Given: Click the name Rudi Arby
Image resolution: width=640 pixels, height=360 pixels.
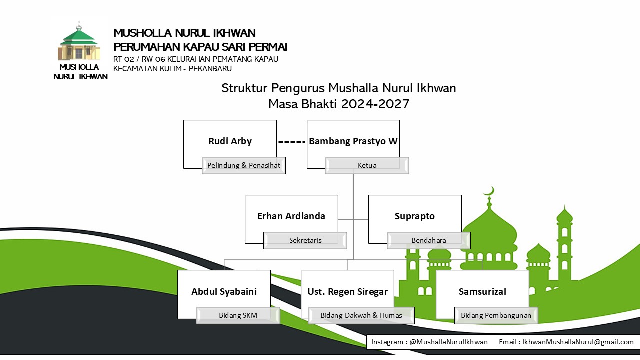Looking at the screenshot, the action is coord(230,141).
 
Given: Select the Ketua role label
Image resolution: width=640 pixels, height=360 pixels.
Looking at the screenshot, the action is coord(367,165).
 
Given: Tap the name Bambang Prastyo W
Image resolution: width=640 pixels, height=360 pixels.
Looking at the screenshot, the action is coord(353,141).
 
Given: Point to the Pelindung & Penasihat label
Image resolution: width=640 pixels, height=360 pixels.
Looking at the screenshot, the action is coord(244,165).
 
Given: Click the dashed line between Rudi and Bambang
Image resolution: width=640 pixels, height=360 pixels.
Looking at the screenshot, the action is coord(292,142).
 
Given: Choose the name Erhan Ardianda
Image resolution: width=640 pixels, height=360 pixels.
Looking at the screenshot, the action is coord(291,216).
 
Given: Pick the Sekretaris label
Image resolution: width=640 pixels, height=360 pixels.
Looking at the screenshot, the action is coord(305,240).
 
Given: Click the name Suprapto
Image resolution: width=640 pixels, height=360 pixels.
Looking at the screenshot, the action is coord(415,216).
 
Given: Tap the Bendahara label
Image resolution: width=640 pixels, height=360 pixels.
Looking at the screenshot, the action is coord(429,240).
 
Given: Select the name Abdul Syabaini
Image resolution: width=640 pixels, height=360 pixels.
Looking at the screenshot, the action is coord(224,292).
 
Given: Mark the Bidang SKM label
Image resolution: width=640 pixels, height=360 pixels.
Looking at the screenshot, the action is coord(238,315).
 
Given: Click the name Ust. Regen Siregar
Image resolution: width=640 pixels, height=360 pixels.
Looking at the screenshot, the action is coord(347,292).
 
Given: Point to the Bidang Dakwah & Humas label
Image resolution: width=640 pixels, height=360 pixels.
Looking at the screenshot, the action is coord(361,315).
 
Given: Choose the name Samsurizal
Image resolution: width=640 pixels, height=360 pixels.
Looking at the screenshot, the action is coord(482,292).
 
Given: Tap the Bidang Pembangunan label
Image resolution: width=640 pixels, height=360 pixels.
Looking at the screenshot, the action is coord(496,315).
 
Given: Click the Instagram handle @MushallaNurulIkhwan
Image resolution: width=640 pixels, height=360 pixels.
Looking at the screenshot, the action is coord(449,342).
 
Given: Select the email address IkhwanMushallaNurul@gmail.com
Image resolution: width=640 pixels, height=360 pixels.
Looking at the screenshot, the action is coord(578,342).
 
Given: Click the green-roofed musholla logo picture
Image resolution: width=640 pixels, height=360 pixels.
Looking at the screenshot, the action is coord(79,41).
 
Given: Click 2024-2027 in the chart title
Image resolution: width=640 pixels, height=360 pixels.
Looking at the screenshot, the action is coord(375,104).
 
